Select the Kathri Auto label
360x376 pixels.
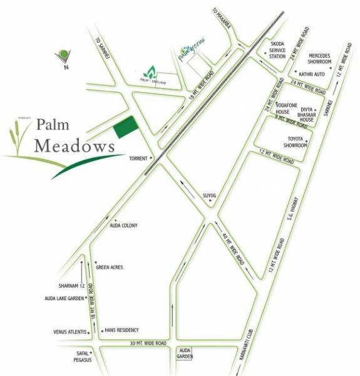[317, 74]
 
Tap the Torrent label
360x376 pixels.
[137, 159]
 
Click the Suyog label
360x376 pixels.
[208, 196]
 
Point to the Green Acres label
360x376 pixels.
[110, 267]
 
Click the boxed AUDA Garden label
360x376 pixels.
[184, 353]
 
